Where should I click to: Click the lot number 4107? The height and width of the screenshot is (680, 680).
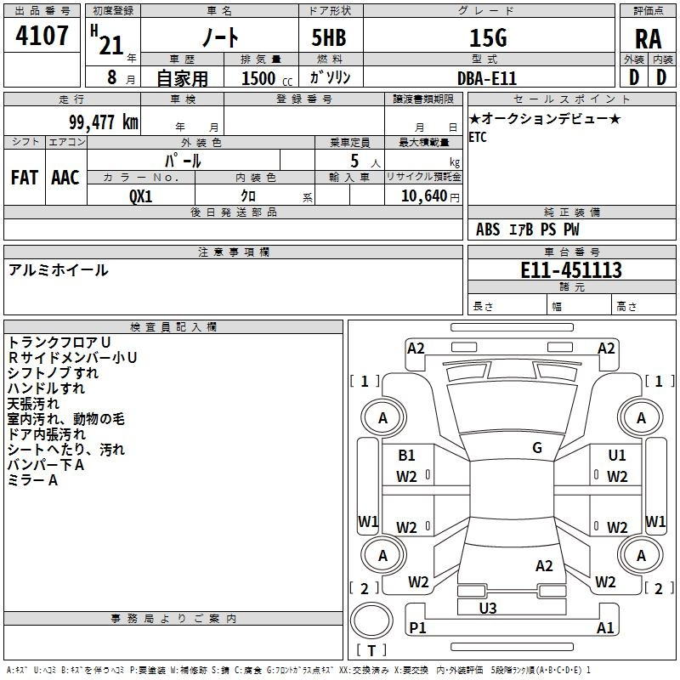[42, 35]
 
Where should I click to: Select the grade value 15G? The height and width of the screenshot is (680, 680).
[488, 37]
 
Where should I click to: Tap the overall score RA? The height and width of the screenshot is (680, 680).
[649, 39]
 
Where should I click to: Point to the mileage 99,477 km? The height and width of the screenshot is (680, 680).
[104, 122]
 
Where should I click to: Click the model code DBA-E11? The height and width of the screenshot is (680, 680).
[487, 78]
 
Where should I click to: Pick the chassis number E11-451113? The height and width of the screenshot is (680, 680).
[571, 270]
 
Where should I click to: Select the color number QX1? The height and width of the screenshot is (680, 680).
[141, 196]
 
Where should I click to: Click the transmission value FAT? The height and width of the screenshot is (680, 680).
[25, 178]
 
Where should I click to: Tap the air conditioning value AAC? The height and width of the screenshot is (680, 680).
[65, 178]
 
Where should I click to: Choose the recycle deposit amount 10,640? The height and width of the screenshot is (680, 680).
[424, 196]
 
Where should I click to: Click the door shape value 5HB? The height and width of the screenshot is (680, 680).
[329, 37]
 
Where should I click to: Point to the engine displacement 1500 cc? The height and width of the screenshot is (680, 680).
[267, 78]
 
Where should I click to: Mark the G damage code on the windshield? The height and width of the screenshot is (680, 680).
[537, 448]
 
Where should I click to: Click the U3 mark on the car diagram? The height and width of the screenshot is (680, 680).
[488, 608]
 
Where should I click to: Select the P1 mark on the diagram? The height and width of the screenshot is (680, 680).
[417, 627]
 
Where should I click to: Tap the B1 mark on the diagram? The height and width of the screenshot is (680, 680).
[406, 456]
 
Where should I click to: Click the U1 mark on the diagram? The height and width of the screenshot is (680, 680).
[617, 456]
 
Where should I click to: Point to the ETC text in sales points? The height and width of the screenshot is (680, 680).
[478, 138]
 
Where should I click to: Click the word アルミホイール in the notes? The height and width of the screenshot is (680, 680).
[58, 270]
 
